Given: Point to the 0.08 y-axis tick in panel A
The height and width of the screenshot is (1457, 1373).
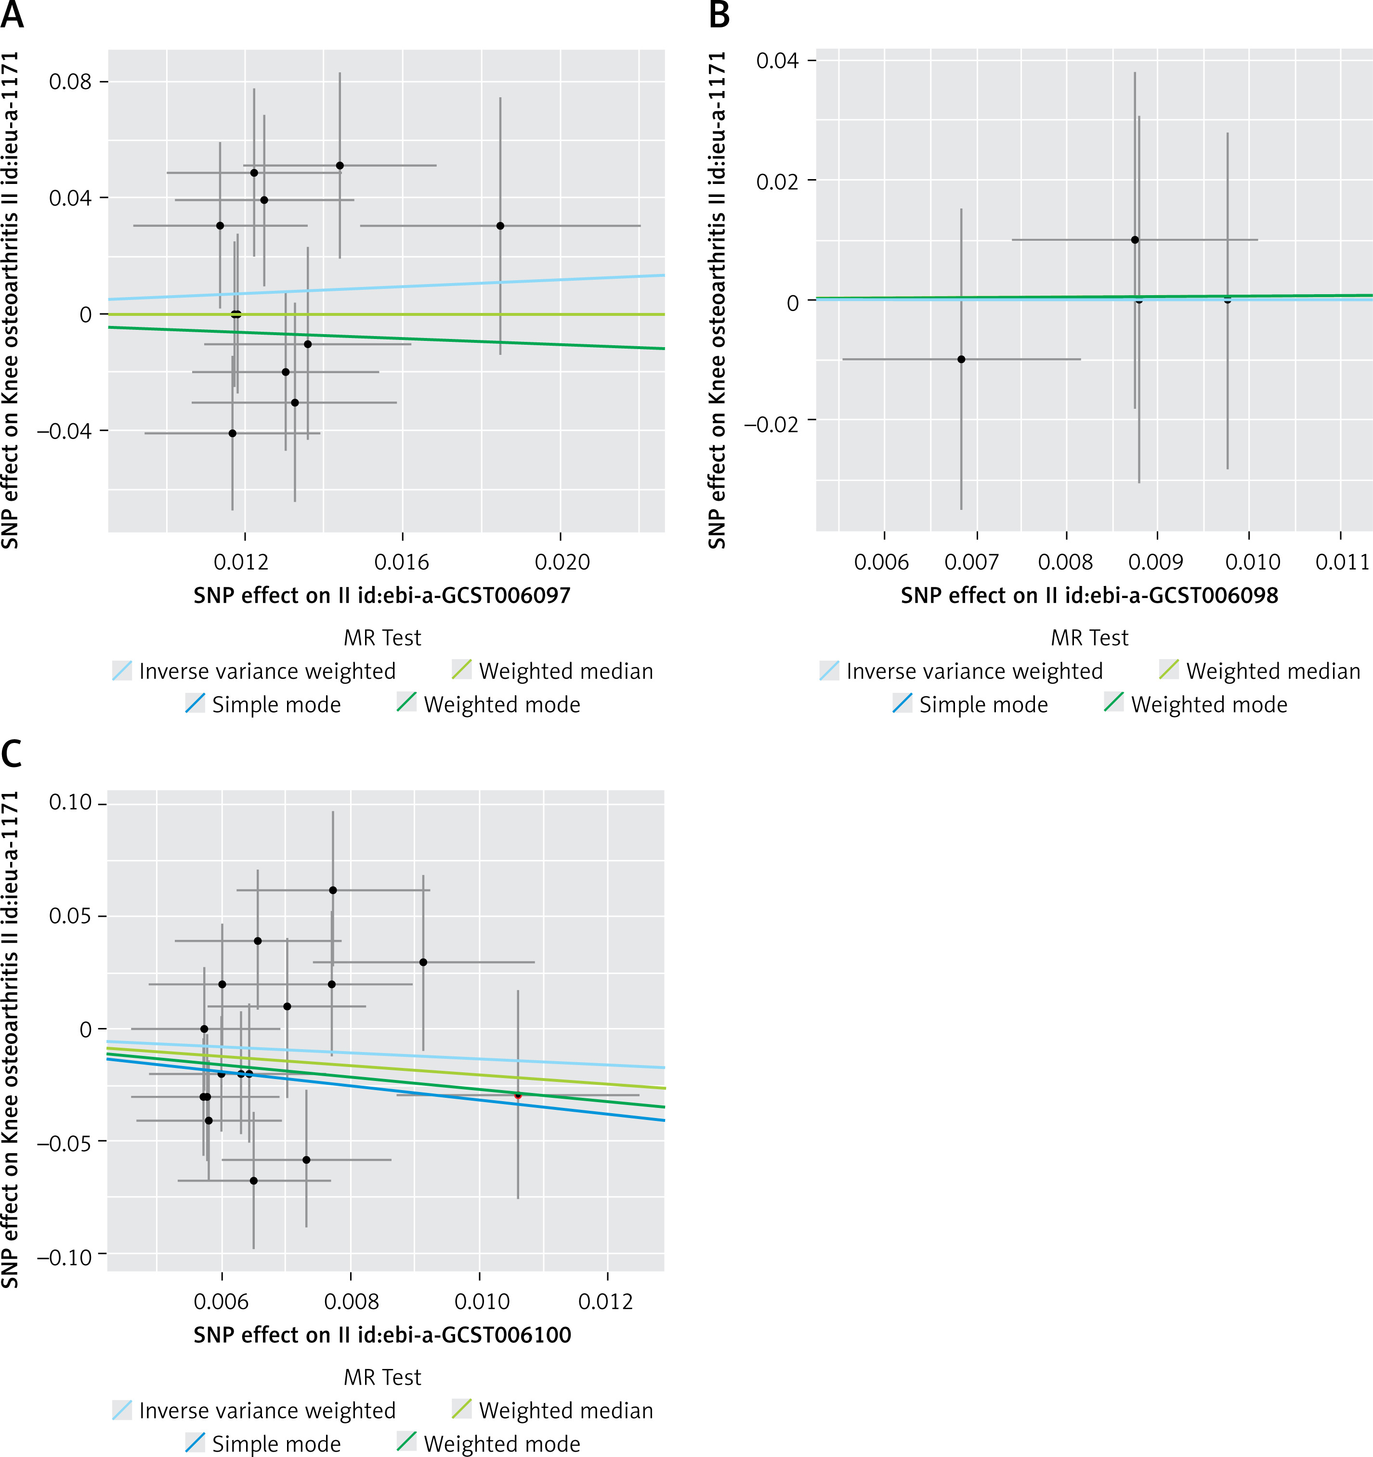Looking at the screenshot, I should (70, 81).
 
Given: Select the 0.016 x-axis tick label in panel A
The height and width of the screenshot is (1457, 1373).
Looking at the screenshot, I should (402, 562).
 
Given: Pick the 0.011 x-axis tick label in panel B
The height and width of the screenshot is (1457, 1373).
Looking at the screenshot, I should (1342, 562).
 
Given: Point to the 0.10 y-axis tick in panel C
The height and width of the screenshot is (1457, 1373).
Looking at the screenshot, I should (70, 803).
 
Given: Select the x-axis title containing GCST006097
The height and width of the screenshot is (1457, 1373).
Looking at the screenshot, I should (382, 595).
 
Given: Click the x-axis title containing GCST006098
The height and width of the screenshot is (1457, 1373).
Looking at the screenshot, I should (1089, 595).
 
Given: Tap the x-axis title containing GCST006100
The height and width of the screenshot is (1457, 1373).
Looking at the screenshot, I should (382, 1335).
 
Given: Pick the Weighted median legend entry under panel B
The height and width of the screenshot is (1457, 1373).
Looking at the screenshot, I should (1259, 671).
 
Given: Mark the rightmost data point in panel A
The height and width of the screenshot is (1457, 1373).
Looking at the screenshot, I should (500, 226).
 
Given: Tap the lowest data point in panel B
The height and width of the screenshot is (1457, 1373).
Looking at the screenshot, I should (961, 359).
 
